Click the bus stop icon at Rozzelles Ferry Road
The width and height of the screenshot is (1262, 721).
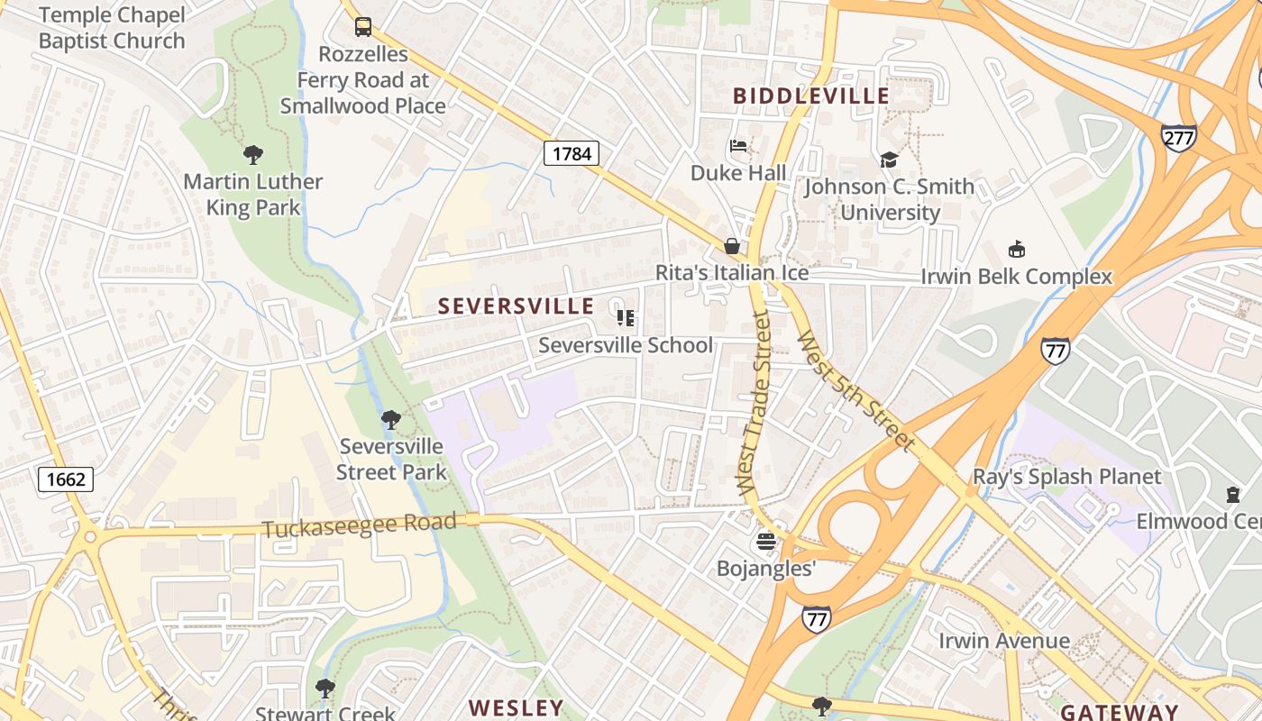coord(363,27)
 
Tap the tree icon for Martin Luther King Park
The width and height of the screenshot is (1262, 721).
coord(253,155)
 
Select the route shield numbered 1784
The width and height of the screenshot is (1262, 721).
coord(572,153)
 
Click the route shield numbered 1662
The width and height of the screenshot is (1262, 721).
coord(66,479)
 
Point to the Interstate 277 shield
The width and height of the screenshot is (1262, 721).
coord(1178,138)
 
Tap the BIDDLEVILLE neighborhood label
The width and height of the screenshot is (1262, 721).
coord(810,96)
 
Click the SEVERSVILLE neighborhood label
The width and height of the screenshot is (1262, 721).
coord(516,306)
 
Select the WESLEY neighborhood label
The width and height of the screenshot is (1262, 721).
coord(517,707)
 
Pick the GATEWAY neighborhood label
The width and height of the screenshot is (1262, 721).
coord(1119,711)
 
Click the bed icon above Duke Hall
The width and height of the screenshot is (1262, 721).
coord(738,146)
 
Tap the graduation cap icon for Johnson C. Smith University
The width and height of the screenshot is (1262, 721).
coord(889,160)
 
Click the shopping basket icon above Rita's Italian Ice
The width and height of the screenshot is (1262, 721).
coord(732,246)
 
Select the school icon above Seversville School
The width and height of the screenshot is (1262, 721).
coord(626,317)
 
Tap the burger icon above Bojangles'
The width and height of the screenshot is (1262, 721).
coord(765,542)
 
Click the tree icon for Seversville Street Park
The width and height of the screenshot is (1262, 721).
coord(390,419)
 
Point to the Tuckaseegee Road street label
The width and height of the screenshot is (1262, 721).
coord(359,525)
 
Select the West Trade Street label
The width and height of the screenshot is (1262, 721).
coord(754,403)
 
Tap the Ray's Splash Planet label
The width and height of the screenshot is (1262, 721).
coord(1066,476)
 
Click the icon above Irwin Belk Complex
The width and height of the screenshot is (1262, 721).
coord(1017,250)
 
